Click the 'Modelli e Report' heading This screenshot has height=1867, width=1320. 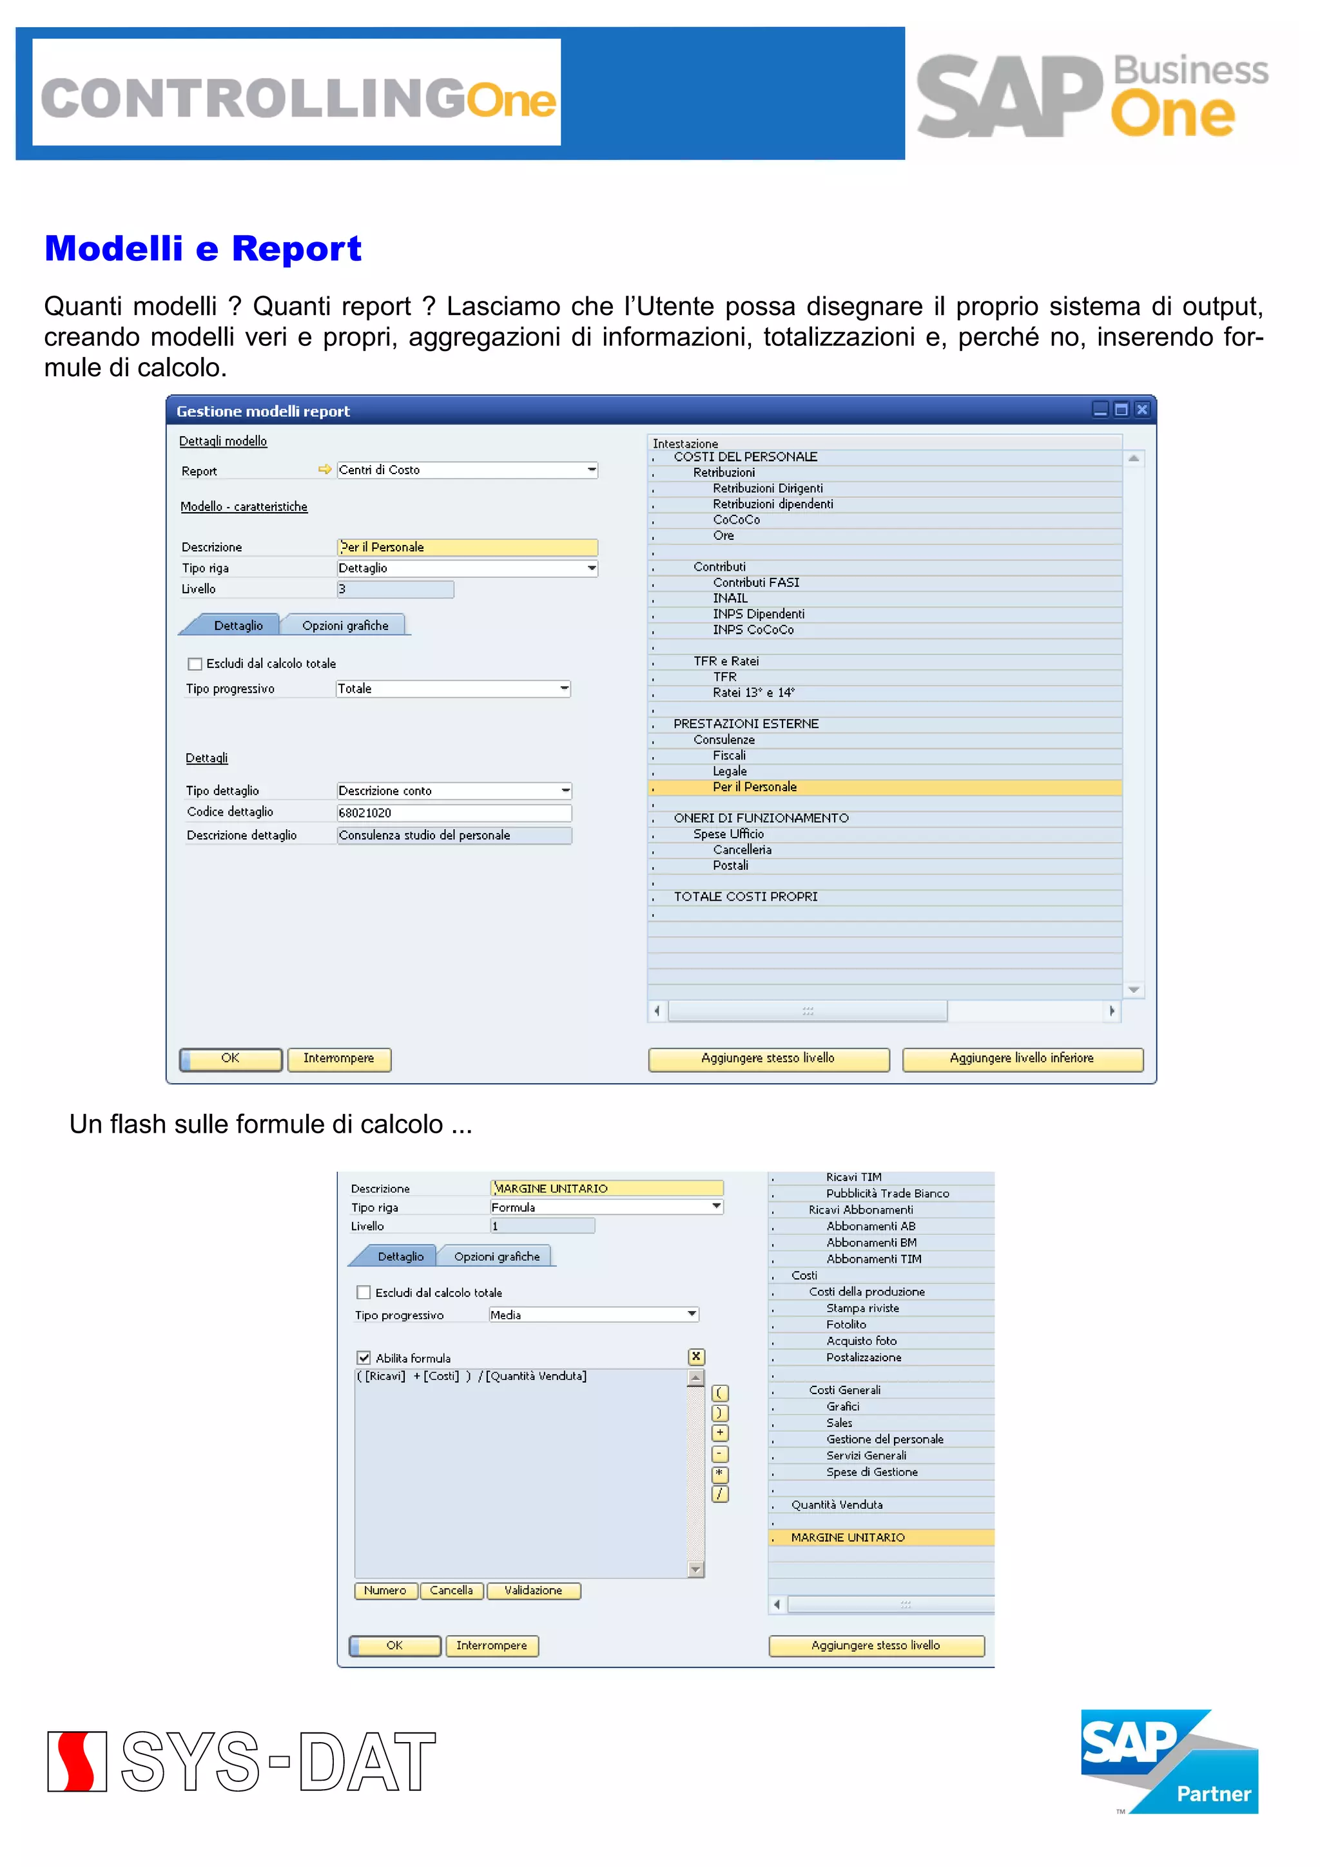[x=202, y=249]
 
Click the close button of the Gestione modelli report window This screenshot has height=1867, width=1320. [x=1142, y=410]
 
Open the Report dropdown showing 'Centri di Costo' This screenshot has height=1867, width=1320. [x=591, y=470]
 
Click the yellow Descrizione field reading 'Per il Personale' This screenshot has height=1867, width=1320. [x=467, y=547]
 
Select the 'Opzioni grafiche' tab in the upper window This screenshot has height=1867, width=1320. [x=345, y=626]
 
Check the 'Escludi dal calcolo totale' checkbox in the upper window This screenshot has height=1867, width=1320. [x=195, y=664]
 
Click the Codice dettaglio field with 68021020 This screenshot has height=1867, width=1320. [x=454, y=812]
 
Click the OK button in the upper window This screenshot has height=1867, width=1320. [x=231, y=1058]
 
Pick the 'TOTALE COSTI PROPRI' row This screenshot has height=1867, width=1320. [x=745, y=897]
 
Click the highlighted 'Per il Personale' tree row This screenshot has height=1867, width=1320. [x=755, y=787]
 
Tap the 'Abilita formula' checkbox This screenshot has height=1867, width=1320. [x=364, y=1358]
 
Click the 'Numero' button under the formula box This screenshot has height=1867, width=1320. [x=385, y=1591]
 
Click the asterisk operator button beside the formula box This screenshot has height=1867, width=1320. [x=720, y=1473]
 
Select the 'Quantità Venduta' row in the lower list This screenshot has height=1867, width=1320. [x=837, y=1505]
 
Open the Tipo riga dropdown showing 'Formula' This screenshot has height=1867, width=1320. [x=715, y=1207]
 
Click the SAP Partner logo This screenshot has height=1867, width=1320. [x=1169, y=1761]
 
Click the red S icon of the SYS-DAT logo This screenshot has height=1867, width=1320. [x=77, y=1761]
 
